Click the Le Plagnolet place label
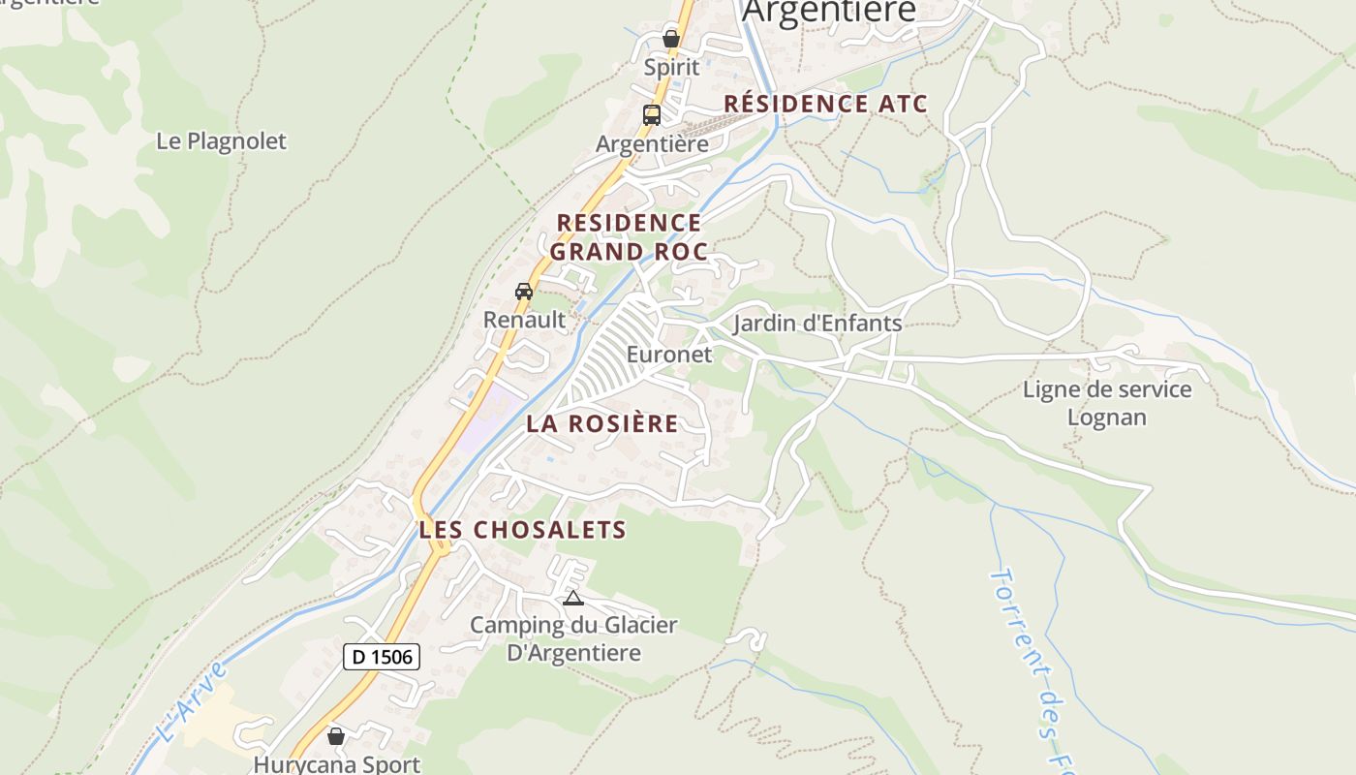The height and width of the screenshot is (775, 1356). coord(222,141)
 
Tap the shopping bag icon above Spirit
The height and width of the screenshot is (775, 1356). coord(671,39)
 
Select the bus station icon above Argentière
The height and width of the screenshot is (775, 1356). coord(652,115)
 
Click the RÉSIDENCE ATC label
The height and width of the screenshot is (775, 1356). coord(825,104)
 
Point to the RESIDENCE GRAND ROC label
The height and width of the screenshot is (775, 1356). coord(629,237)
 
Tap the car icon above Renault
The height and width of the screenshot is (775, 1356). coord(524,292)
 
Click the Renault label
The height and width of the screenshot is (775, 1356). coord(524,319)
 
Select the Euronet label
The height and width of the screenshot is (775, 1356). coord(669,355)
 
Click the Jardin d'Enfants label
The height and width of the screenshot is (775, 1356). coord(817,324)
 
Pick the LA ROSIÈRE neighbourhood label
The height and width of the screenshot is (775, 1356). coord(602,424)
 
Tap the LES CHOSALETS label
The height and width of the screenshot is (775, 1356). coord(523,530)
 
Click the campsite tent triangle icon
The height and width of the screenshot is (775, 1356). coord(573,599)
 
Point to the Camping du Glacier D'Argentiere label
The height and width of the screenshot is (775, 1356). coord(574,639)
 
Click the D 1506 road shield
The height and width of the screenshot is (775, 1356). coord(382,657)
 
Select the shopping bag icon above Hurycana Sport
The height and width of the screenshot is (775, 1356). coord(336,737)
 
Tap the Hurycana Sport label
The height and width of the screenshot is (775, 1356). coord(337,764)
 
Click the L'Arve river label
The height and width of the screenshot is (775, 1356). coord(191,701)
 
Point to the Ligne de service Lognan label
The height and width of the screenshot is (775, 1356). coord(1107,403)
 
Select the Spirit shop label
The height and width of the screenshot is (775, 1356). coord(671,68)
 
